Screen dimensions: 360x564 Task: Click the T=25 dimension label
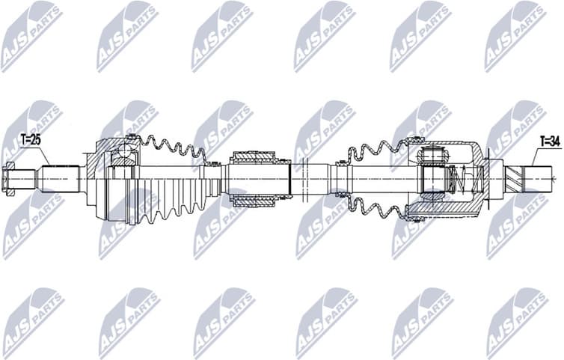31,139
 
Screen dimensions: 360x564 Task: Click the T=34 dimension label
550,140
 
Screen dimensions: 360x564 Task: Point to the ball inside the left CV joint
122,157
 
